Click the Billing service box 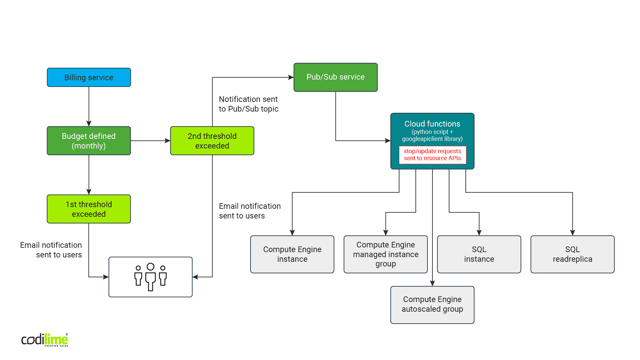[89, 77]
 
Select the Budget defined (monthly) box [89, 141]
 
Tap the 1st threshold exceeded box [89, 209]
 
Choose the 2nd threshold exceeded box [212, 141]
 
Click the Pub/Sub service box [335, 77]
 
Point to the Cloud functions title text [432, 124]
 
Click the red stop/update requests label [432, 155]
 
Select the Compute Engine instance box [292, 254]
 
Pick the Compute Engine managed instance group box [385, 254]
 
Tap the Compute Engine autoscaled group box [432, 304]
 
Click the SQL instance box [479, 254]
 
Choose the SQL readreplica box [572, 254]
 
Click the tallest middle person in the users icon [151, 277]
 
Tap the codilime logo [45, 340]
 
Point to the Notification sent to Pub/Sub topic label [248, 104]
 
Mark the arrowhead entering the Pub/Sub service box [291, 77]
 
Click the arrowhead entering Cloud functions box [387, 141]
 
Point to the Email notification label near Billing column [51, 250]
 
